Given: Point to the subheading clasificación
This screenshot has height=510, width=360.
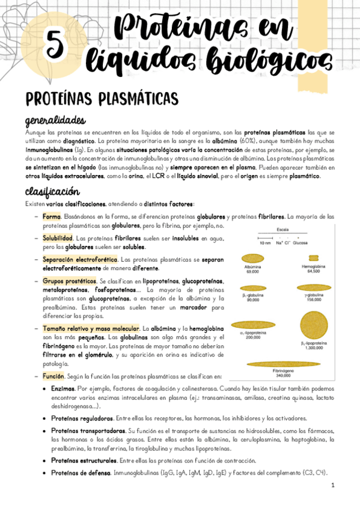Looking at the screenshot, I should (x=52, y=192).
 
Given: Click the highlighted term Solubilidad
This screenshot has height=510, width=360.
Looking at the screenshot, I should (x=58, y=238).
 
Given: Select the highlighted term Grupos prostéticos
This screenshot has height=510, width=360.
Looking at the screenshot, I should (x=69, y=281).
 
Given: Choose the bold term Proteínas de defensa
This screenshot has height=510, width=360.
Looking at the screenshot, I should (x=81, y=473).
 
